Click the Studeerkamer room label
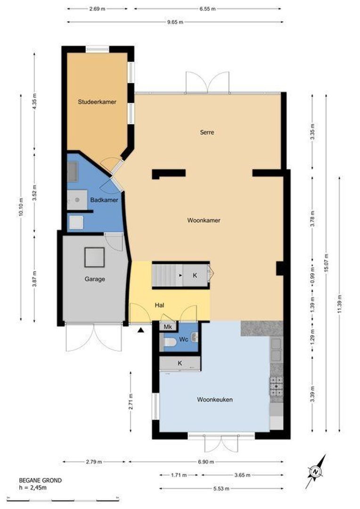click(x=97, y=102)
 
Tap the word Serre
click(x=207, y=132)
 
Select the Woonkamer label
click(x=204, y=221)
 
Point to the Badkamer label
click(x=104, y=200)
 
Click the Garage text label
click(x=95, y=279)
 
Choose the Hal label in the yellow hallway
click(x=159, y=305)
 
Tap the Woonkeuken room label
click(x=215, y=400)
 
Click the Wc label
click(x=183, y=339)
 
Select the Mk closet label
click(x=168, y=327)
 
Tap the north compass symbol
click(x=316, y=471)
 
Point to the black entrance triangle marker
click(x=140, y=330)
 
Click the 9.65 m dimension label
click(x=175, y=22)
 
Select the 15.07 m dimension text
click(x=326, y=263)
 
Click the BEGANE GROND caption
click(x=40, y=480)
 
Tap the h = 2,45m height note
click(x=33, y=487)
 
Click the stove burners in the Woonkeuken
click(x=276, y=386)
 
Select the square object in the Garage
click(x=94, y=257)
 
